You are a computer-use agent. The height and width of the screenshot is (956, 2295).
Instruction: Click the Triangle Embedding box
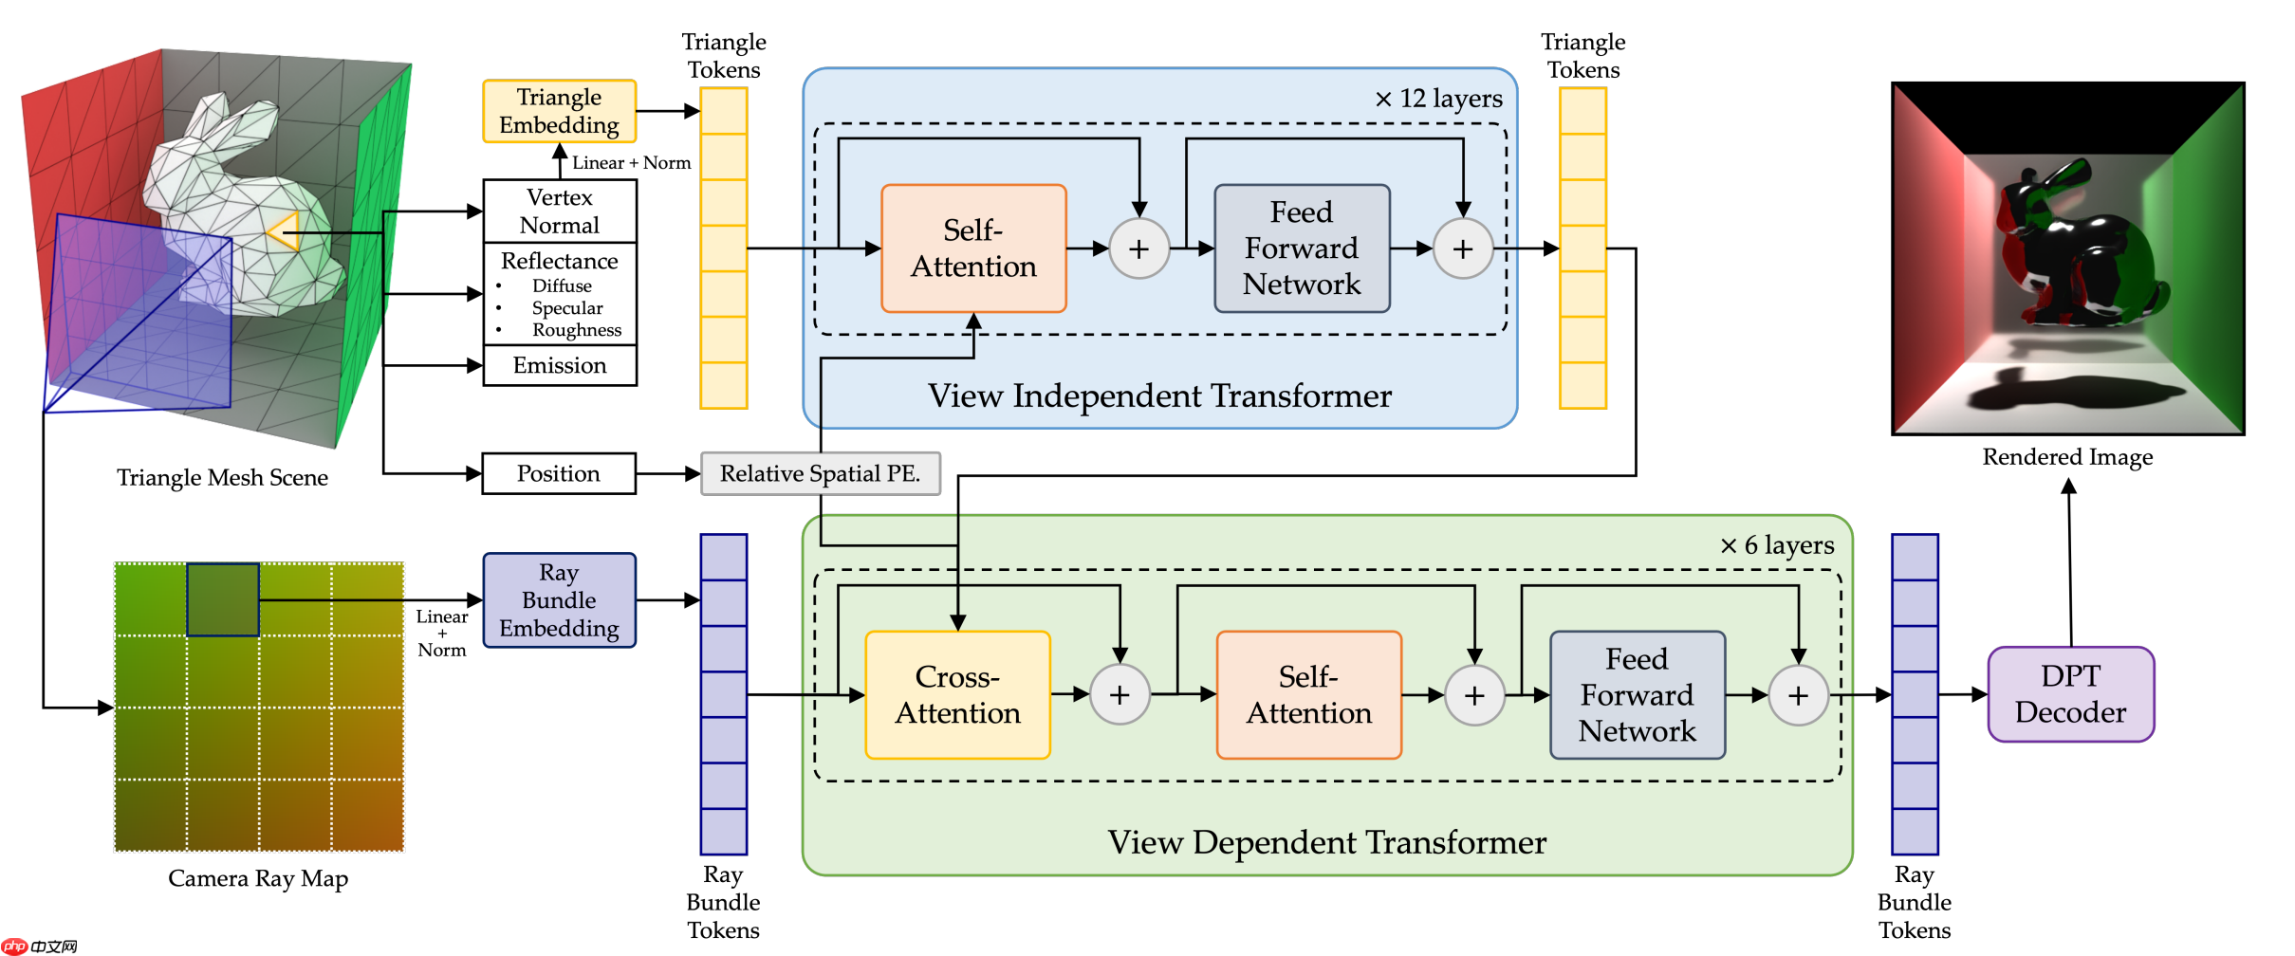click(559, 111)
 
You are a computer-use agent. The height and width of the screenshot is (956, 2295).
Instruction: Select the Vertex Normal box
click(559, 211)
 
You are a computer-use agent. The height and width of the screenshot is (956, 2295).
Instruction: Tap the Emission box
click(559, 365)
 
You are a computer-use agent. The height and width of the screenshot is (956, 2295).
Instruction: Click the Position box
click(558, 473)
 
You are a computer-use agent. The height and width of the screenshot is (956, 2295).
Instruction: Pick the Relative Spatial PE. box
click(820, 473)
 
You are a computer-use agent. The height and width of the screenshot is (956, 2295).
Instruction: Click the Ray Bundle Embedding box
click(559, 600)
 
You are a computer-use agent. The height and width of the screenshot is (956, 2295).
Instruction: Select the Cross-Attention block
click(957, 695)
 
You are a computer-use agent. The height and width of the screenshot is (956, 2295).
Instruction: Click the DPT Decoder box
click(2070, 694)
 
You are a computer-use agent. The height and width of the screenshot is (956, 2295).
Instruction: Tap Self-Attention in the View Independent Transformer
click(973, 248)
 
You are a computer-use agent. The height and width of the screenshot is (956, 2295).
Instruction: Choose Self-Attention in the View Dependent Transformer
click(1308, 695)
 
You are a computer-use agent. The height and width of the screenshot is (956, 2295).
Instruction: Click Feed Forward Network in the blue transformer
click(1302, 248)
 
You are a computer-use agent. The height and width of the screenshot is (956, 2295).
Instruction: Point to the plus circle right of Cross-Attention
click(1120, 695)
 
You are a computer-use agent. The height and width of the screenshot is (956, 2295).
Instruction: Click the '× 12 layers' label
click(1438, 99)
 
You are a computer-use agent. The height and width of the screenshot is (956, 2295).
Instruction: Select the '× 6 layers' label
click(1777, 545)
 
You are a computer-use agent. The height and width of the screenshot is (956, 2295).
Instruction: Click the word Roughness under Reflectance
click(577, 330)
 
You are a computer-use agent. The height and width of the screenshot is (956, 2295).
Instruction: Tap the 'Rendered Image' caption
click(2067, 457)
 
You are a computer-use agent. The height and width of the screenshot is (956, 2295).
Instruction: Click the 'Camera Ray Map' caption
click(258, 878)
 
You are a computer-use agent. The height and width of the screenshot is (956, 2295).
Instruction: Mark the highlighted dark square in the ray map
click(223, 599)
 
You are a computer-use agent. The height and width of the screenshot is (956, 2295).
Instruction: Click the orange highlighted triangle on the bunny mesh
click(285, 231)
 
